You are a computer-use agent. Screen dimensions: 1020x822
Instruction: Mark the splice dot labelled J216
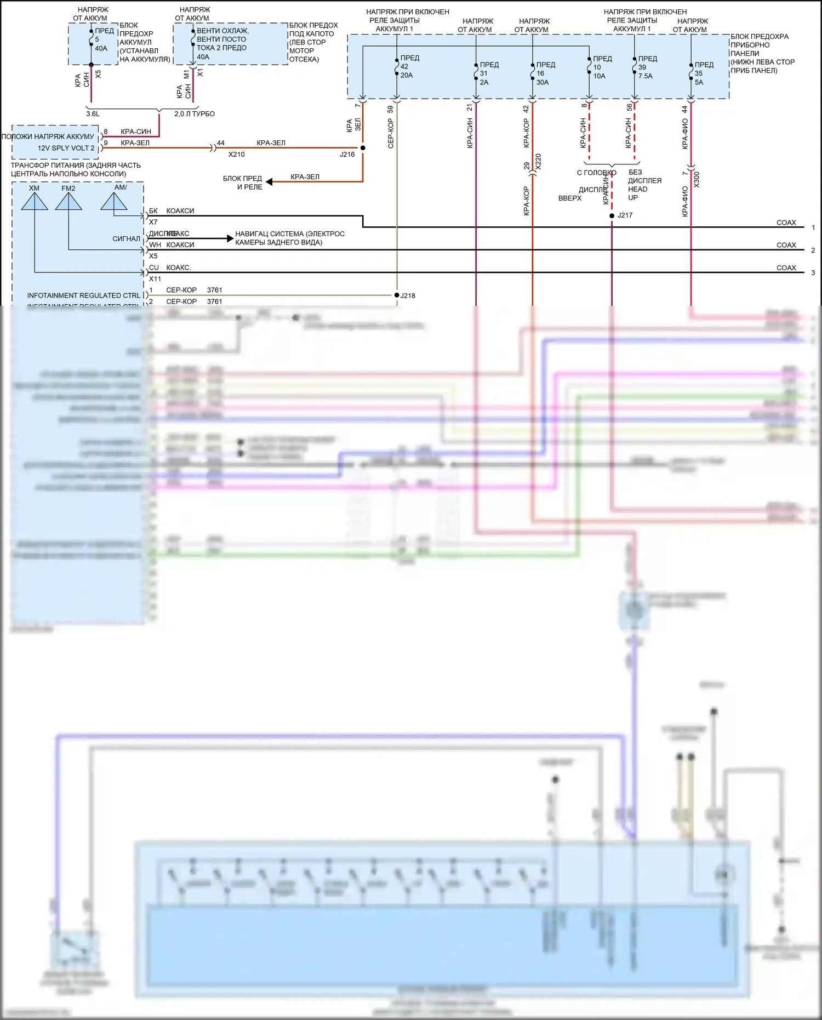point(363,148)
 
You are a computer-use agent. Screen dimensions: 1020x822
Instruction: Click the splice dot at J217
point(612,215)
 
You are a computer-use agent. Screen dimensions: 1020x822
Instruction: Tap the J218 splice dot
point(397,295)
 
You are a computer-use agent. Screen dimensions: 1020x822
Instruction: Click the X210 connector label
point(236,155)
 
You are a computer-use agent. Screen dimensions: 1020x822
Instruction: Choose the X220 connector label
point(538,162)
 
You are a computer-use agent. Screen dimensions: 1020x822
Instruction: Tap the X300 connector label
point(697,180)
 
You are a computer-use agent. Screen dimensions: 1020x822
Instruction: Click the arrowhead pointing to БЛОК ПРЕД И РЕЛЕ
point(269,181)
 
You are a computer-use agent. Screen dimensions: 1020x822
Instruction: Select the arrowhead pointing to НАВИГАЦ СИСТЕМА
point(230,238)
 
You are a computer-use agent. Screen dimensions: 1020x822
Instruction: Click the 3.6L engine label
point(93,114)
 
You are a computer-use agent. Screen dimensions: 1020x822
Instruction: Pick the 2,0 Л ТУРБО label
point(195,114)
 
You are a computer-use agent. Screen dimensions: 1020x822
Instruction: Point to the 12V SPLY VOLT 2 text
point(66,148)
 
